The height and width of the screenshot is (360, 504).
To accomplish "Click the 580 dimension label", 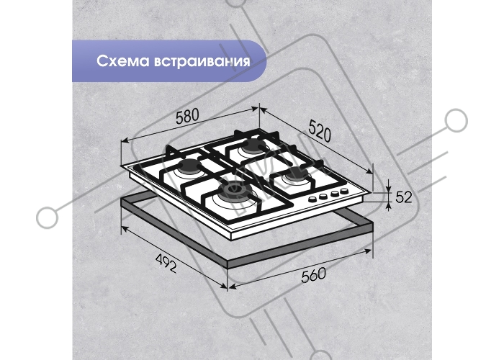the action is click(x=187, y=116).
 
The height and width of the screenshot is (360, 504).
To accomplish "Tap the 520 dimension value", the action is click(x=320, y=130).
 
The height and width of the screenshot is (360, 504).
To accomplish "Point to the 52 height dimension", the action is click(x=404, y=197).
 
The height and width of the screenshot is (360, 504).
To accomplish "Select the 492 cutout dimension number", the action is click(x=166, y=263).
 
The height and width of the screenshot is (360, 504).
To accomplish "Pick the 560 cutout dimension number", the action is click(x=313, y=275).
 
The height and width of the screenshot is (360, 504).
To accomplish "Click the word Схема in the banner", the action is click(x=123, y=60).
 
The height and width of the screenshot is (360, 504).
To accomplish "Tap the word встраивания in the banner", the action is click(x=202, y=61).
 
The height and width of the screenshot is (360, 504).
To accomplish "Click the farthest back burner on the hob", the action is click(x=253, y=147).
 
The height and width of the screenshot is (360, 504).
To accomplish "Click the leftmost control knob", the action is click(x=312, y=199).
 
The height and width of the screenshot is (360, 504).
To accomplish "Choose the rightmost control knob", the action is click(x=344, y=192).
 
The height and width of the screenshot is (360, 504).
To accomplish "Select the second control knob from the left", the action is click(x=323, y=197).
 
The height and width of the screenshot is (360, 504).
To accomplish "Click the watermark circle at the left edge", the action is click(x=48, y=217).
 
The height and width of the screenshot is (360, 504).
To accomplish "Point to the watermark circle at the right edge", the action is click(x=456, y=120).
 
